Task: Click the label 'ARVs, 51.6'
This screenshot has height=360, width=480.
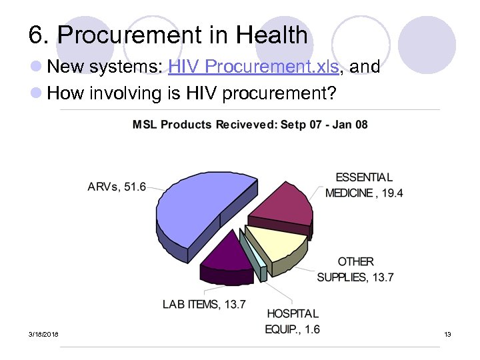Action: (x=117, y=187)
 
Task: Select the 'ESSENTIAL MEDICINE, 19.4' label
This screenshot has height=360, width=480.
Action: (x=364, y=185)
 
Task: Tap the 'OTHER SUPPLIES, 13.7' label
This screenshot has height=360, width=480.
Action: (x=355, y=269)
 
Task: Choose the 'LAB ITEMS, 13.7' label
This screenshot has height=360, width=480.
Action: (x=204, y=304)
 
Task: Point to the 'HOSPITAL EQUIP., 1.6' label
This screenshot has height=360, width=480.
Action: (x=293, y=321)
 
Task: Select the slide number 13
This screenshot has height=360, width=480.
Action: (x=447, y=333)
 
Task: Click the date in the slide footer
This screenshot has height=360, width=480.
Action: (x=43, y=333)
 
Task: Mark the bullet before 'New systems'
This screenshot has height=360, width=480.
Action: (x=37, y=67)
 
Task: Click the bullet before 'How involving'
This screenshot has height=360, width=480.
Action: (x=37, y=94)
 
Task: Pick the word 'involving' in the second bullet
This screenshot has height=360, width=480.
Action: (x=126, y=94)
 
